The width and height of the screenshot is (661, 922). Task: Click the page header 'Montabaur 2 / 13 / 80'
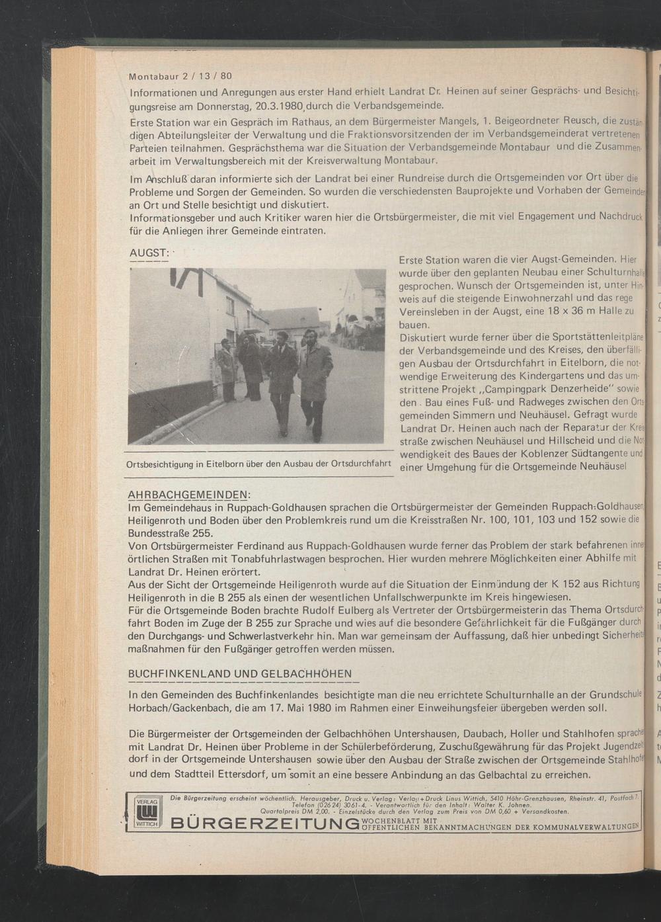[180, 75]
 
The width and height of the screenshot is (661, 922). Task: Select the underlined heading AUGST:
[150, 254]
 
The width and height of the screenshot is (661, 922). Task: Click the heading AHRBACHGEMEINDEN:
[188, 495]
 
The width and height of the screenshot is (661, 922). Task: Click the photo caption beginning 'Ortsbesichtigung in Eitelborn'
[258, 463]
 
